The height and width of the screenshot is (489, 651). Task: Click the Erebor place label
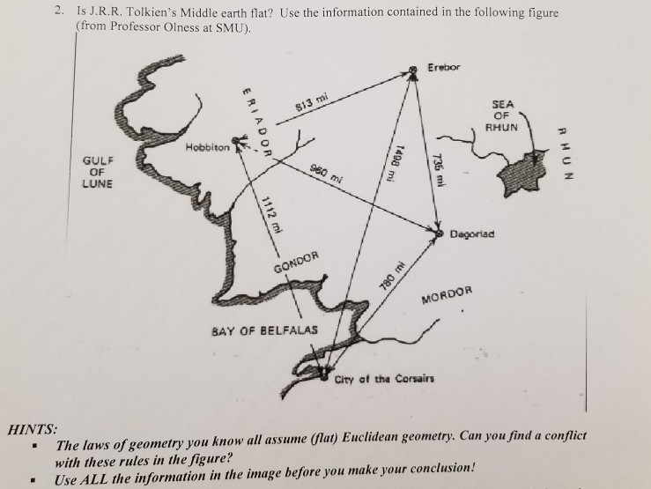444,67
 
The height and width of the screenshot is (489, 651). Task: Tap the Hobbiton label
207,147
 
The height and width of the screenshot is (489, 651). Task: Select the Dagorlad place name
472,234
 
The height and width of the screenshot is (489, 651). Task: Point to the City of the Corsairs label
384,379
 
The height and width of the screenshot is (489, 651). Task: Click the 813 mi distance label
311,102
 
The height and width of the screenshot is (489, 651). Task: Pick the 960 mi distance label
327,174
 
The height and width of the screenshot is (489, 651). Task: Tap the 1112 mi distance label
272,215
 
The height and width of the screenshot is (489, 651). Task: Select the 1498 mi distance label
394,163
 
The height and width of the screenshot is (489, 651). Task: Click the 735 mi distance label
439,170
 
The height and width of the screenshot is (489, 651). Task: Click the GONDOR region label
297,263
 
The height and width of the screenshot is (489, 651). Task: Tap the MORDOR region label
448,295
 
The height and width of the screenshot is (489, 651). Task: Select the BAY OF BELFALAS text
264,330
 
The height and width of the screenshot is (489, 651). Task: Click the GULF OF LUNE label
98,172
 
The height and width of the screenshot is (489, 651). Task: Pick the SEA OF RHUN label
502,115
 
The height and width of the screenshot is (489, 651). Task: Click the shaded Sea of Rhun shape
524,174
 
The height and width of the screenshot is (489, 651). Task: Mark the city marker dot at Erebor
412,70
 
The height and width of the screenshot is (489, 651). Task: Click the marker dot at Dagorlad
440,233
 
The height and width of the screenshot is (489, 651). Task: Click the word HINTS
33,429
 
